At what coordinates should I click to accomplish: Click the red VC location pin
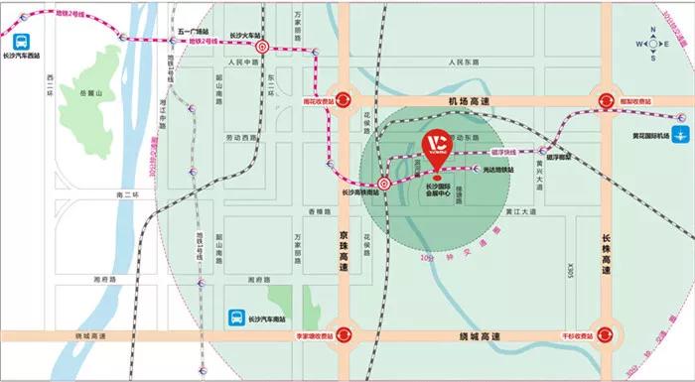tap(437, 146)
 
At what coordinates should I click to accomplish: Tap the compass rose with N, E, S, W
tap(654, 44)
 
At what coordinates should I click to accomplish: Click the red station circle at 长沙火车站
tap(263, 46)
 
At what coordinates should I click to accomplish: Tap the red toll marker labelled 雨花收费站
tap(343, 99)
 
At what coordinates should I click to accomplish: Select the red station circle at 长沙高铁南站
tap(384, 184)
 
